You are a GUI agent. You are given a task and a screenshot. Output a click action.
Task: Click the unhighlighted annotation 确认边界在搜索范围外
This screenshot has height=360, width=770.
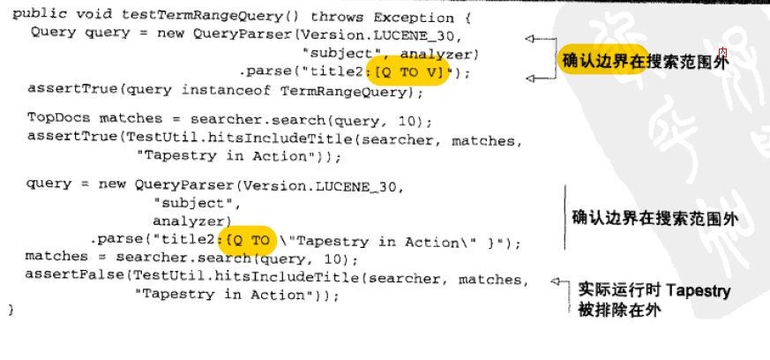click(x=654, y=218)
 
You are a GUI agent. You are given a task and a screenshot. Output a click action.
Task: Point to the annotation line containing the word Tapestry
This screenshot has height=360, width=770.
click(x=654, y=290)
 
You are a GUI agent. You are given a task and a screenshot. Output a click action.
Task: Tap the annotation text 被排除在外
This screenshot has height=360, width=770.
click(x=620, y=310)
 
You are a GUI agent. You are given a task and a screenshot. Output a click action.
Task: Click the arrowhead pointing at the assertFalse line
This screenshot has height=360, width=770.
click(x=556, y=281)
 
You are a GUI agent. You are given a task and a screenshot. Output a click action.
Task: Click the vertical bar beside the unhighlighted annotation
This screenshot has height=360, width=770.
click(x=565, y=218)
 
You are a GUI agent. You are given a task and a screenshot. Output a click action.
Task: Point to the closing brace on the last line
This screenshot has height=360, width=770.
click(x=11, y=310)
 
